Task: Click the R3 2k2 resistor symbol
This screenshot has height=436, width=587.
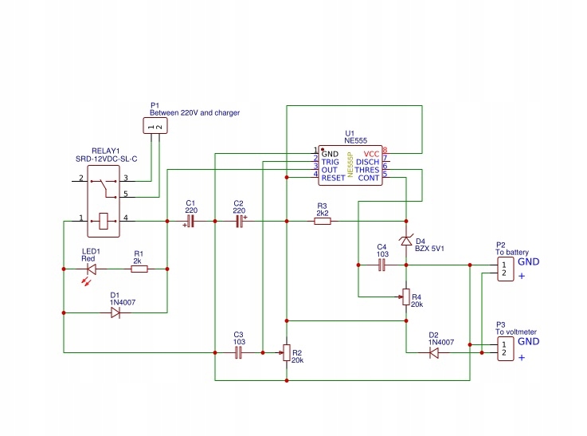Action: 322,222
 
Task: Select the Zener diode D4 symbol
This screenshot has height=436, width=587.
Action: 406,240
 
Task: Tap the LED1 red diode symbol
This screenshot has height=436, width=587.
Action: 90,269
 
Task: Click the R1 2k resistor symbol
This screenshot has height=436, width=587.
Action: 139,269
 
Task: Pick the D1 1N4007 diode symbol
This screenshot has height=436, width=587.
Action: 115,313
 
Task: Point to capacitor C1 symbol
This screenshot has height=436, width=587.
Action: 190,222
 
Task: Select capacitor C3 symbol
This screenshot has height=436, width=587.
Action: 238,352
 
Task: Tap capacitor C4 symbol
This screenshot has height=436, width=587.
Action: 382,265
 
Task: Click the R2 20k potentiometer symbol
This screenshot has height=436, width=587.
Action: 286,352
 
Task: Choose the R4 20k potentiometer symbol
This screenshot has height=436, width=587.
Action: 406,297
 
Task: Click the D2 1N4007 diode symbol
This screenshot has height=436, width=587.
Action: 434,352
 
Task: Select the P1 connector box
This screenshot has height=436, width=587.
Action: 155,126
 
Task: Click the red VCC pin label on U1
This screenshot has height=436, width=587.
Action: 371,153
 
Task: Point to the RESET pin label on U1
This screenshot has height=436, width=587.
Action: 333,178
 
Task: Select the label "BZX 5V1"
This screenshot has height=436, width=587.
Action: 429,249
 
